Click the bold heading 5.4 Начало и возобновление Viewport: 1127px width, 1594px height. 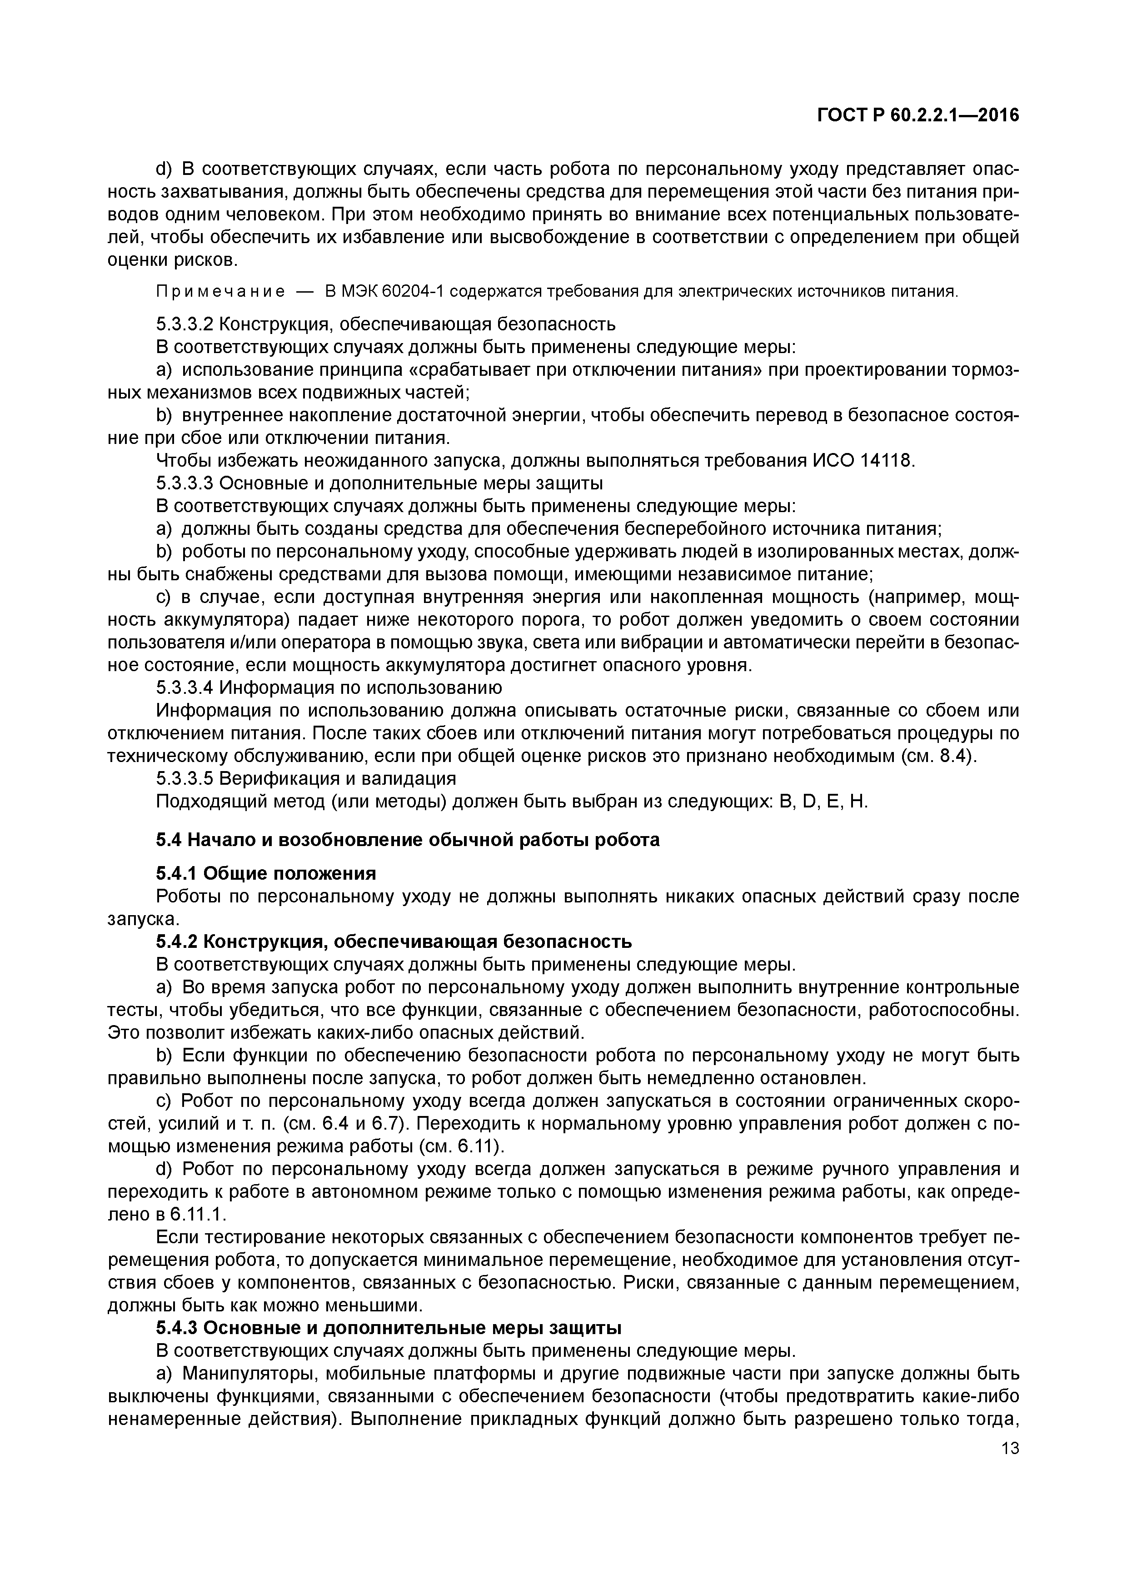pos(408,840)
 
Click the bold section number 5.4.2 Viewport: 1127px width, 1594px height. pos(177,941)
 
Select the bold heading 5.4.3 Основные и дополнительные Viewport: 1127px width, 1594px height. pos(388,1328)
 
